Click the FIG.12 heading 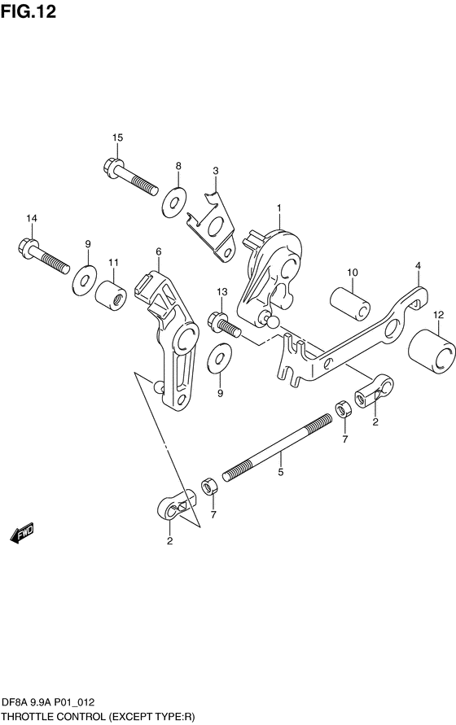tap(28, 11)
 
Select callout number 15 tap(117, 138)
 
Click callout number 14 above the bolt tap(32, 218)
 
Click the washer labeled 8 tap(174, 202)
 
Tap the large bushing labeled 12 tap(432, 352)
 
